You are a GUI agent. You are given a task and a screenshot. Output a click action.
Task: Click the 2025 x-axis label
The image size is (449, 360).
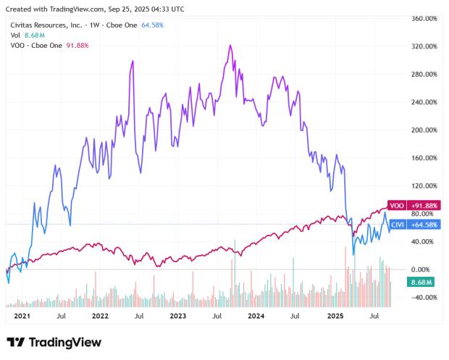[x=335, y=317]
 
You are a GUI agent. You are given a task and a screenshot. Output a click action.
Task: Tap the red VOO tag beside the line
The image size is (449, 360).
[x=396, y=206]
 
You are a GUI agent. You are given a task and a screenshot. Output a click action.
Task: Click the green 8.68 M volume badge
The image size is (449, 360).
[x=421, y=281]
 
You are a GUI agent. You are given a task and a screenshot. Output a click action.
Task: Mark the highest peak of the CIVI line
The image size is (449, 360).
[x=230, y=46]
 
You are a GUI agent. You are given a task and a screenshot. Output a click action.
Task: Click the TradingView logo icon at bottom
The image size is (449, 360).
[x=16, y=343]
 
